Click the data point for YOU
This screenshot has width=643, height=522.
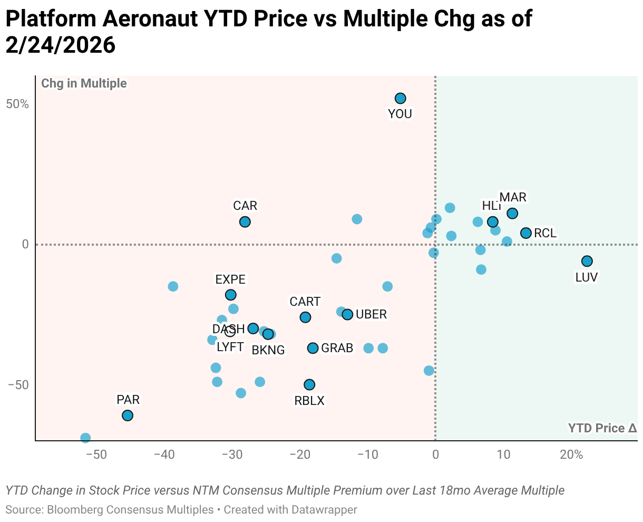pyautogui.click(x=401, y=98)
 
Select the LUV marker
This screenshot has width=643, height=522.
pyautogui.click(x=587, y=261)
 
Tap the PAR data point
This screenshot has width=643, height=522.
pyautogui.click(x=128, y=415)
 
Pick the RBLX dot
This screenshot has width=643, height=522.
pyautogui.click(x=309, y=384)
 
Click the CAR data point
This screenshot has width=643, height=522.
pyautogui.click(x=245, y=222)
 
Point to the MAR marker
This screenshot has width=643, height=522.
pyautogui.click(x=512, y=214)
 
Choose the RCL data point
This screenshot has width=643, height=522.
pyautogui.click(x=525, y=233)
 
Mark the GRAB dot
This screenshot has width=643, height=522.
pyautogui.click(x=313, y=348)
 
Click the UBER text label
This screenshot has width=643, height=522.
pyautogui.click(x=372, y=315)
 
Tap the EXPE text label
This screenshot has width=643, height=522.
pyautogui.click(x=230, y=279)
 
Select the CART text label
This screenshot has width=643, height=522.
pyautogui.click(x=305, y=302)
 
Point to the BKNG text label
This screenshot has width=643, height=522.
pyautogui.click(x=268, y=350)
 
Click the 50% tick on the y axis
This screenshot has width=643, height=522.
pyautogui.click(x=17, y=104)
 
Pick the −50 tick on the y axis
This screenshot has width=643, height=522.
pyautogui.click(x=18, y=384)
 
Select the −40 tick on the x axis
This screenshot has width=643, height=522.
pyautogui.click(x=163, y=455)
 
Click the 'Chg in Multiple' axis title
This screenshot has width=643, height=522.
pyautogui.click(x=84, y=83)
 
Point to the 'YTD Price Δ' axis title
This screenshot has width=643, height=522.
pyautogui.click(x=602, y=428)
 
